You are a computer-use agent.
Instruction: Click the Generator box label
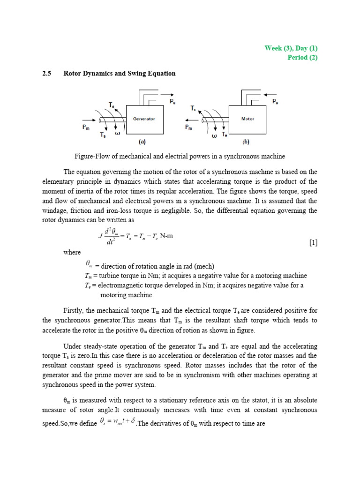coord(144,119)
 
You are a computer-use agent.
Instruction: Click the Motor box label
coord(247,119)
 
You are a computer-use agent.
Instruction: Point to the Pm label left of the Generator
coord(87,127)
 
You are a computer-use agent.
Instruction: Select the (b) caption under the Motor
coord(246,141)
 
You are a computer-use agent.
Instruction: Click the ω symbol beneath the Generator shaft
coord(118,133)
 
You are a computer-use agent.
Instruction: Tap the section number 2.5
coord(46,74)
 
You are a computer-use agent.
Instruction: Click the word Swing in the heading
coord(141,74)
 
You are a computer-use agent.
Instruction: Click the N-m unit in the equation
coord(166,235)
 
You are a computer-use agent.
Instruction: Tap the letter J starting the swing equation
coord(100,236)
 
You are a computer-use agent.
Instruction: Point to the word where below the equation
coord(72,252)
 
